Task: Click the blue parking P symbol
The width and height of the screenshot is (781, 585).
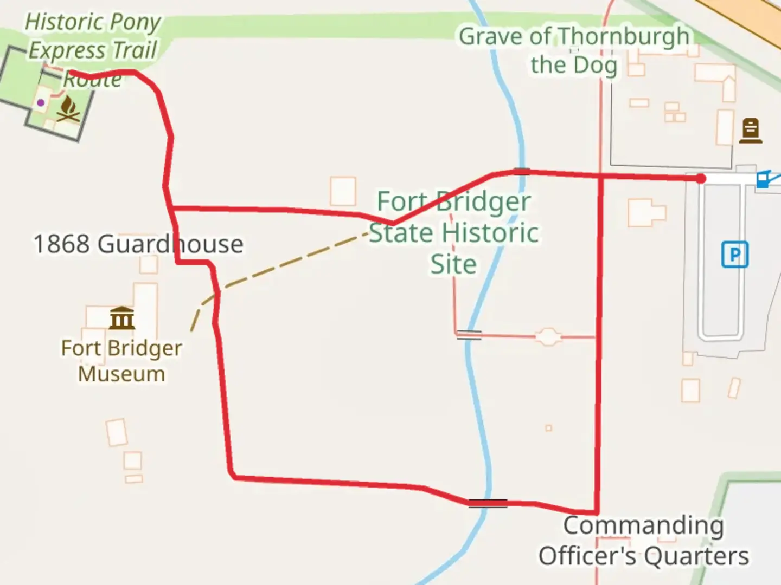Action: [x=735, y=254]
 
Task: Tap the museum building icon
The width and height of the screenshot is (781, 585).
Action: [x=121, y=318]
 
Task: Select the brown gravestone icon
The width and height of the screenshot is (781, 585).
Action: [x=751, y=131]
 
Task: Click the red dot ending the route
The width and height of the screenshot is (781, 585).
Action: [x=701, y=178]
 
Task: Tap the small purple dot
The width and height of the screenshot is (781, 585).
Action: [x=41, y=103]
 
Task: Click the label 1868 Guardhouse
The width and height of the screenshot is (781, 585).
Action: [x=138, y=244]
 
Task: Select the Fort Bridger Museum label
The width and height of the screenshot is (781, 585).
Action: [x=121, y=361]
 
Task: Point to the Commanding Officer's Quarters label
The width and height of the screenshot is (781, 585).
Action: [x=644, y=541]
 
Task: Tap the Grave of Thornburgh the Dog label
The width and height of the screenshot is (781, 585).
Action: [x=574, y=50]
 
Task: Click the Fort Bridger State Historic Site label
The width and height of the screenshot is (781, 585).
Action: [x=454, y=232]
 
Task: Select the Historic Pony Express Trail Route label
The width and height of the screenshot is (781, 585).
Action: [x=92, y=50]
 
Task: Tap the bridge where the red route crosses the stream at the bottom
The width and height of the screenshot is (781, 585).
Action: [x=488, y=503]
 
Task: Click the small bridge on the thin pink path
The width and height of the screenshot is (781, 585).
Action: [x=469, y=335]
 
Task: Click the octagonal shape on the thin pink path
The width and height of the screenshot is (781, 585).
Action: [x=548, y=337]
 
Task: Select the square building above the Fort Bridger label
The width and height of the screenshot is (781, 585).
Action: [x=343, y=191]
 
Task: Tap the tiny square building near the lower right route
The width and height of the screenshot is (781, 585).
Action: [x=548, y=428]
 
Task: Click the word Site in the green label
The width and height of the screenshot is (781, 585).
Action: [x=453, y=265]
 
